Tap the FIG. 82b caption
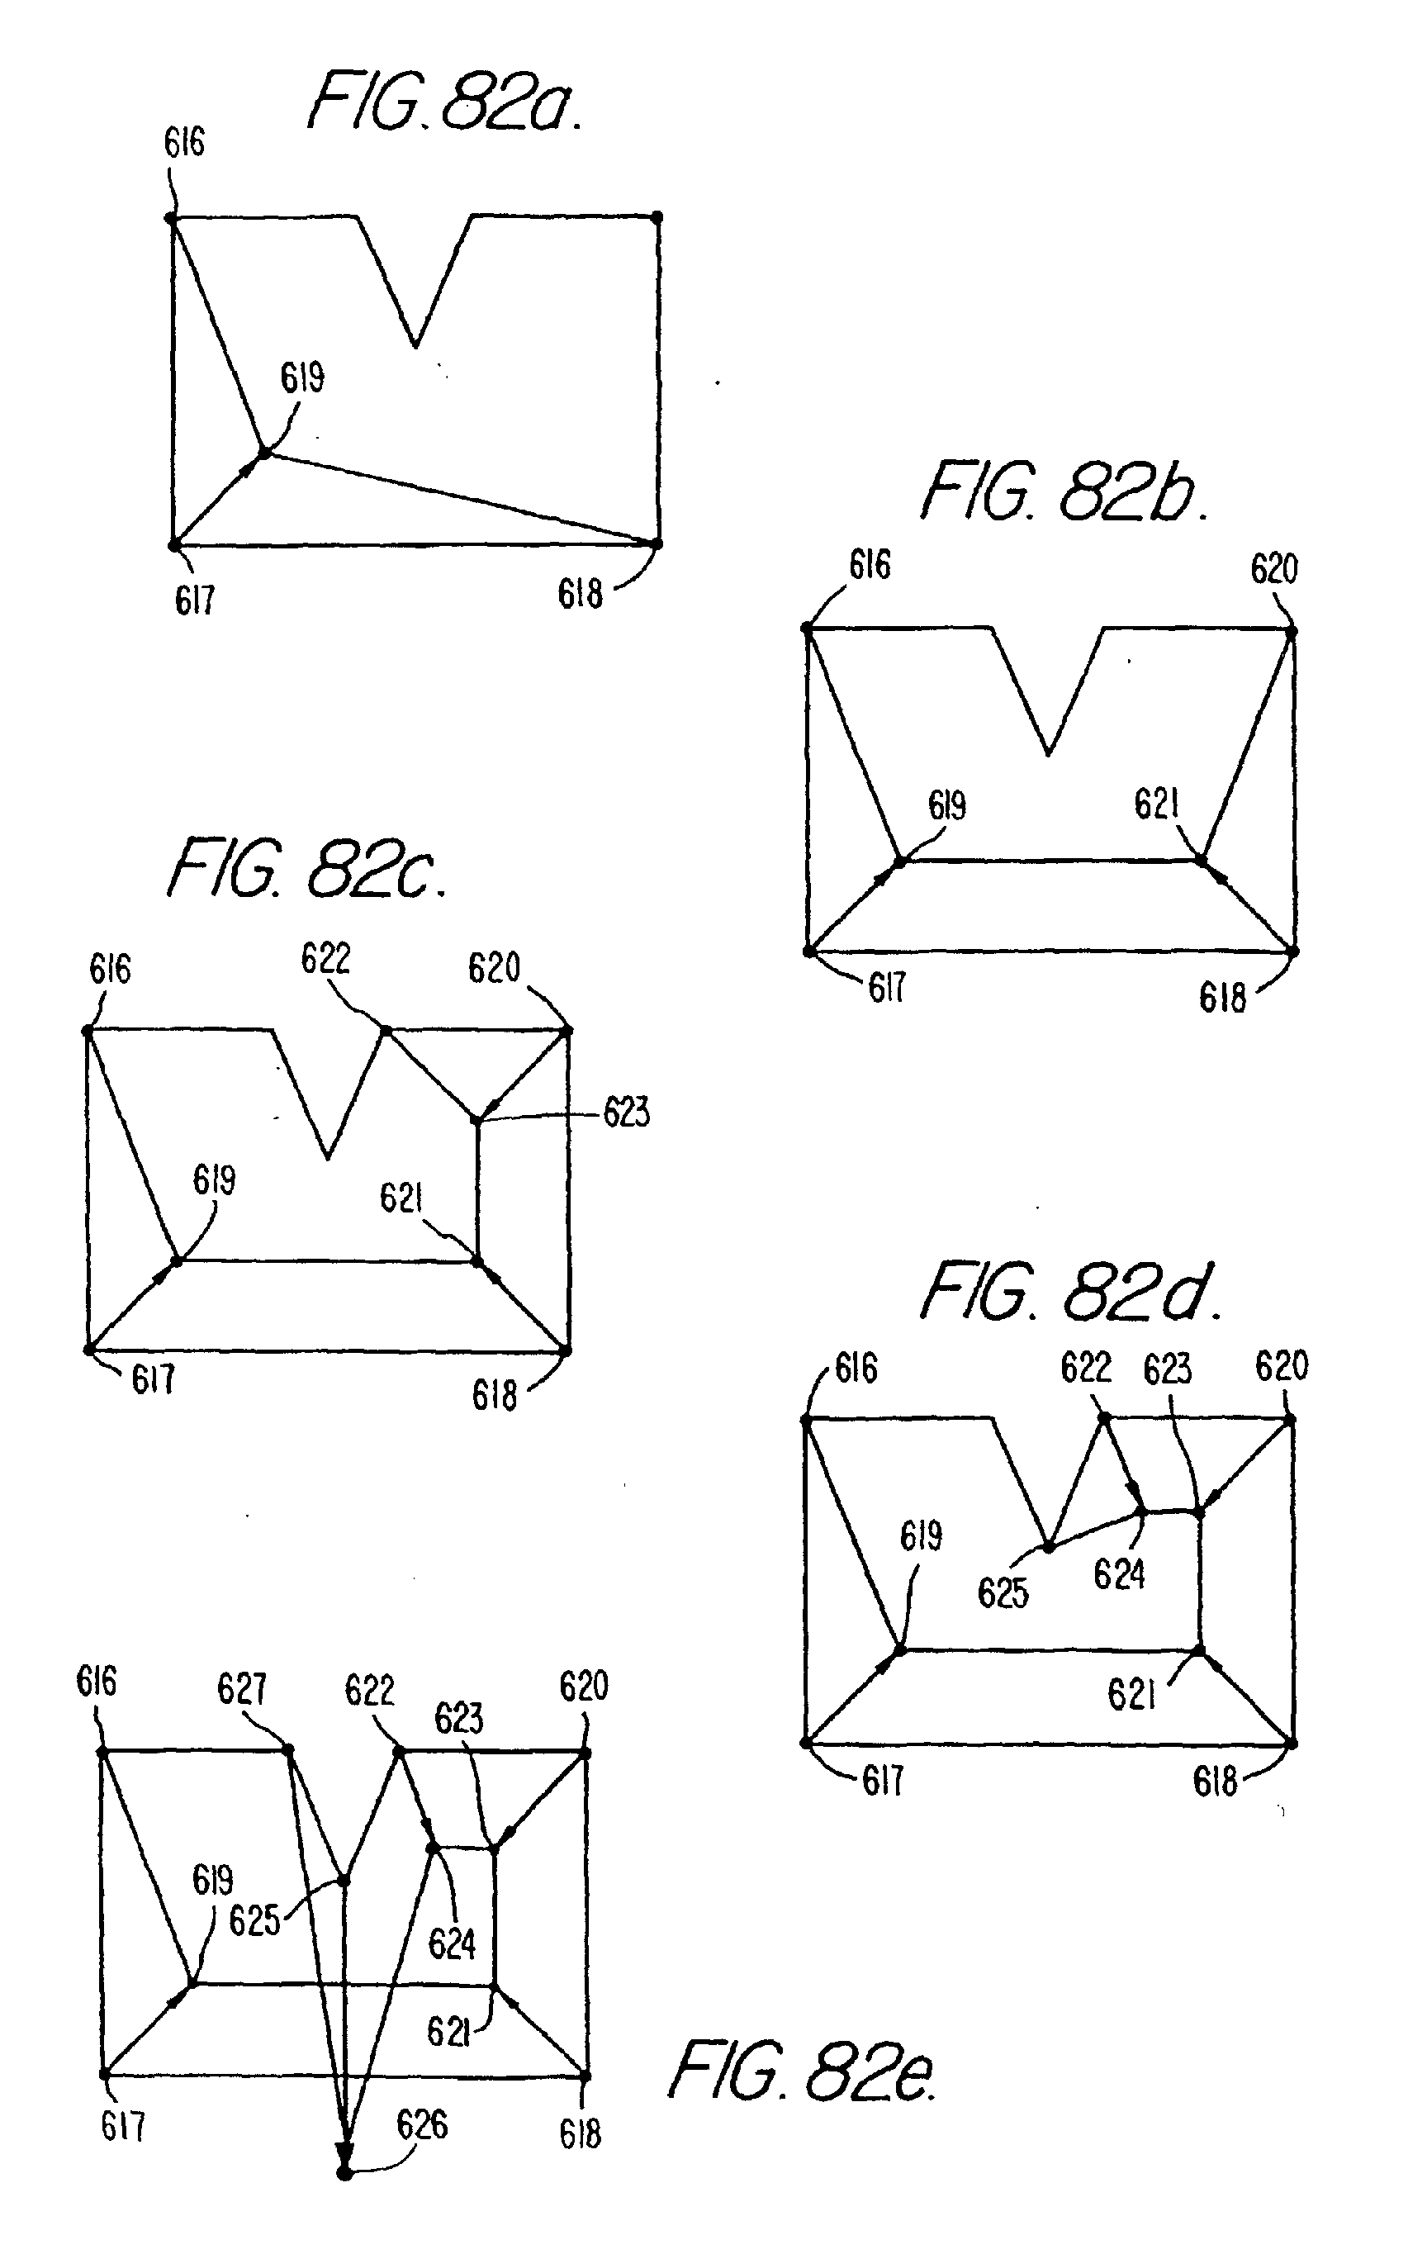coord(1063,492)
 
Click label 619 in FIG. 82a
coord(302,378)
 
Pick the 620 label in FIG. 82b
coord(1273,569)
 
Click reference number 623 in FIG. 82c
coord(626,1113)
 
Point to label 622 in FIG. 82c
coord(325,960)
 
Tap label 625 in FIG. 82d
coord(1003,1592)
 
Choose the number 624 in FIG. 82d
coord(1118,1574)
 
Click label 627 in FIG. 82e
coord(241,1688)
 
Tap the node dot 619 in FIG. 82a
coord(264,453)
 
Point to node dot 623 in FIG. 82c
coord(476,1119)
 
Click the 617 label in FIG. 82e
coord(122,2127)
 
